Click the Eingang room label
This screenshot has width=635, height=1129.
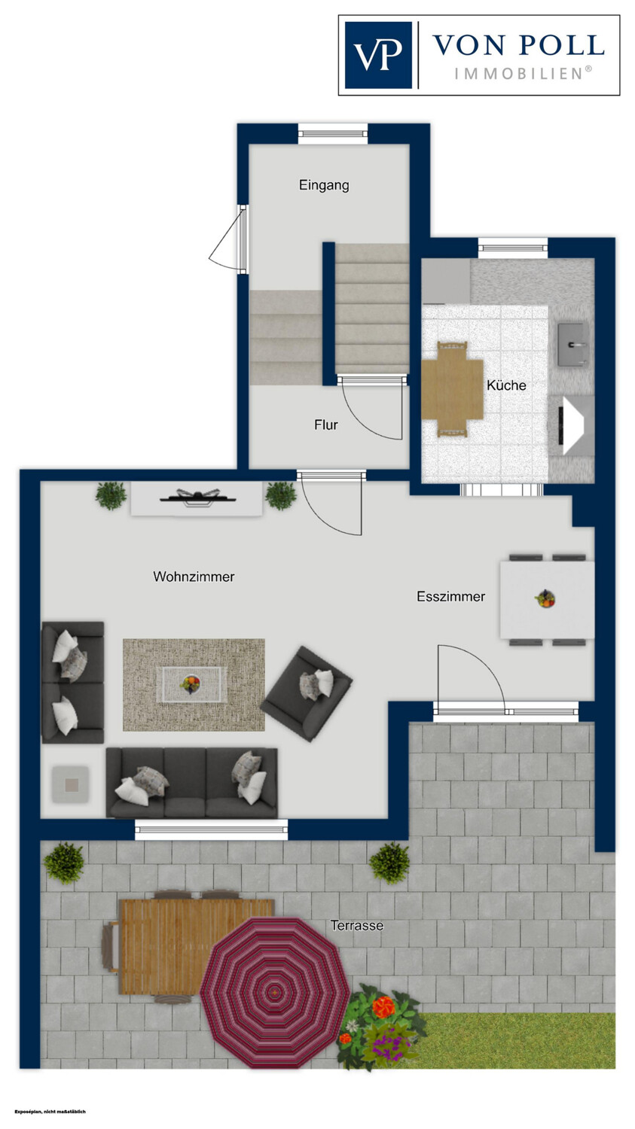(324, 185)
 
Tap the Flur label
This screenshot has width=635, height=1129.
(326, 425)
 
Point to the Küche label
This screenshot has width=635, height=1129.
(506, 385)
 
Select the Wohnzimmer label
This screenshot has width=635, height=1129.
(194, 577)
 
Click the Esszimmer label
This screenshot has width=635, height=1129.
(451, 597)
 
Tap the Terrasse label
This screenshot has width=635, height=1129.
(357, 925)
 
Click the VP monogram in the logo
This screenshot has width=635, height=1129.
(378, 55)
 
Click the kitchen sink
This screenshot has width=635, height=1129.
(574, 345)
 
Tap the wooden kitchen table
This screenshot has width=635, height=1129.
(453, 388)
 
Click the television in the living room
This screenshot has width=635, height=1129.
(197, 498)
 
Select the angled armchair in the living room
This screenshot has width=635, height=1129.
(307, 693)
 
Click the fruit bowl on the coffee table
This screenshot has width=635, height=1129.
(191, 684)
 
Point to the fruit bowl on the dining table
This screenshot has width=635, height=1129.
(545, 599)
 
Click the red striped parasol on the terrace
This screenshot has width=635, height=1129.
(275, 993)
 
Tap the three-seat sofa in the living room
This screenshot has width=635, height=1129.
(191, 783)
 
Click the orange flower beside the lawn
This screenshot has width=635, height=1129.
(383, 1006)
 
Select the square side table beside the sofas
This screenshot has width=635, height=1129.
(71, 785)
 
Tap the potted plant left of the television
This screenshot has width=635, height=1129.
(111, 496)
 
